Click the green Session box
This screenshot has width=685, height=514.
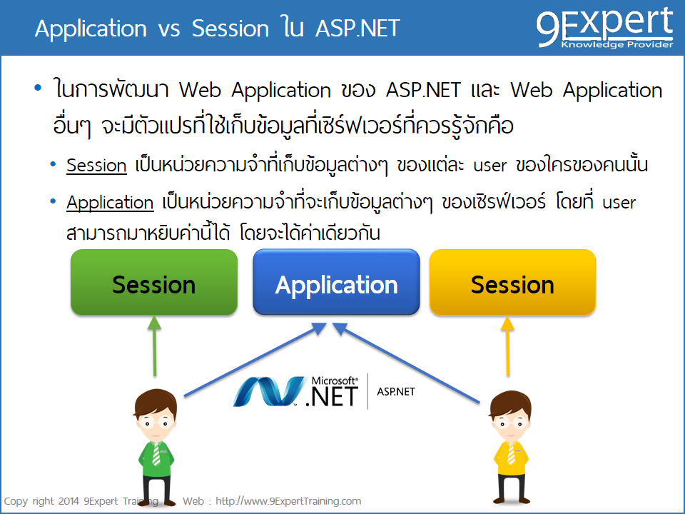[153, 283]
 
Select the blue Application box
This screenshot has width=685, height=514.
[336, 283]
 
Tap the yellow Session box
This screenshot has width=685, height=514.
[512, 283]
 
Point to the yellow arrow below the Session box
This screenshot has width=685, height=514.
[508, 346]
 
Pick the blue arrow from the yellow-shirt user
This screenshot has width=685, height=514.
[407, 363]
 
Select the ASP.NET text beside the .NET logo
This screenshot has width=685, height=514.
[395, 392]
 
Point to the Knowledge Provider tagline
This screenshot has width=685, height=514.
[616, 44]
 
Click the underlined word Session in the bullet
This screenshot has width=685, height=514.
[96, 166]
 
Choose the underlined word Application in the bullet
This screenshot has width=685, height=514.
[110, 203]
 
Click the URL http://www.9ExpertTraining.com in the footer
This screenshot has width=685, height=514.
[288, 501]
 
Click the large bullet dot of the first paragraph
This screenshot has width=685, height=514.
[38, 89]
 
